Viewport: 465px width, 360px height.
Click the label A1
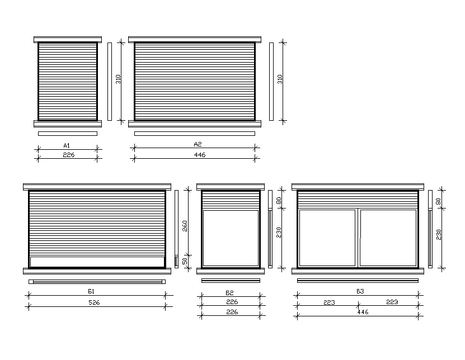(67, 145)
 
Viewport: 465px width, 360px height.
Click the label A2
(198, 144)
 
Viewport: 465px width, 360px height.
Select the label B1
(91, 291)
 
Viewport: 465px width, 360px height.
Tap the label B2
(229, 292)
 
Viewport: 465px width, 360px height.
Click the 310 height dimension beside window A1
(118, 79)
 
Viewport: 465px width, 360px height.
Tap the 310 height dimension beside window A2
(280, 79)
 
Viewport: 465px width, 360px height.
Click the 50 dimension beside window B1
(185, 261)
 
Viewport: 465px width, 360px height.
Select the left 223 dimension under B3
(329, 302)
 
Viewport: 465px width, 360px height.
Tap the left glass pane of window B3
(327, 236)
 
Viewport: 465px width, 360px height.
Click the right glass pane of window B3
(388, 236)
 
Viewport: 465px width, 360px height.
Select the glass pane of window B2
(231, 238)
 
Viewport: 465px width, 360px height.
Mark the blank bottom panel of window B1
(97, 262)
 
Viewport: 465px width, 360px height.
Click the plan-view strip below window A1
(68, 133)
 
